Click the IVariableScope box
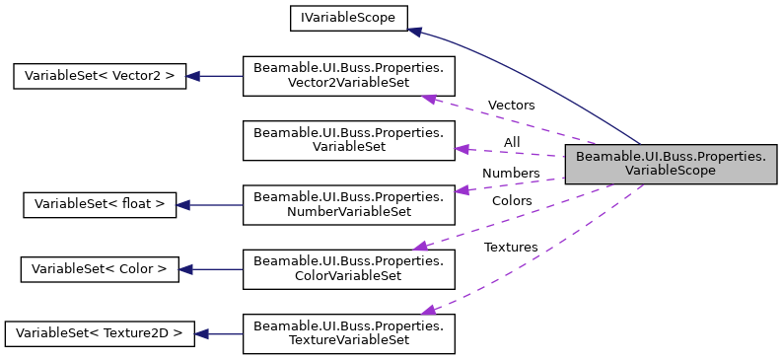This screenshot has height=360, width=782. pos(348,17)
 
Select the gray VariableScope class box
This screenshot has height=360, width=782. pos(671,164)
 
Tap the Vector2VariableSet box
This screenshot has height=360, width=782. pos(348,76)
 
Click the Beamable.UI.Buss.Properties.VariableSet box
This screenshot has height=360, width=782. pos(348,139)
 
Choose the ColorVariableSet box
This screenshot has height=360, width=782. pos(348,268)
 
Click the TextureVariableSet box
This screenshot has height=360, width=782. pos(348,333)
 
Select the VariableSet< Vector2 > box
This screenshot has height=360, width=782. pos(99,76)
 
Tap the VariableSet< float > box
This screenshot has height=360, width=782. pos(99,204)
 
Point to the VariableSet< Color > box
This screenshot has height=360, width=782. pos(99,268)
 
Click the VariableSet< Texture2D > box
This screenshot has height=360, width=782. pos(99,333)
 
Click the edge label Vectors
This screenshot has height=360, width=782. pos(511,106)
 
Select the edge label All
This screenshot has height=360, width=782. pos(511,143)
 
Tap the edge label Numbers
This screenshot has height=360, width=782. pos(510,174)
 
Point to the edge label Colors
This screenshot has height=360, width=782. pos(512,201)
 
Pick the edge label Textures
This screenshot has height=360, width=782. pos(510,248)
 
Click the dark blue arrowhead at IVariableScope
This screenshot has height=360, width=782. pos(415,32)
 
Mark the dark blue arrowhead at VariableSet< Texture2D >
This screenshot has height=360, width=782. pos(200,333)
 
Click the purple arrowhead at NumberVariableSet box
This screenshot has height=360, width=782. pos(461,187)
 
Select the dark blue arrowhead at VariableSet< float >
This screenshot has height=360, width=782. pos(182,204)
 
